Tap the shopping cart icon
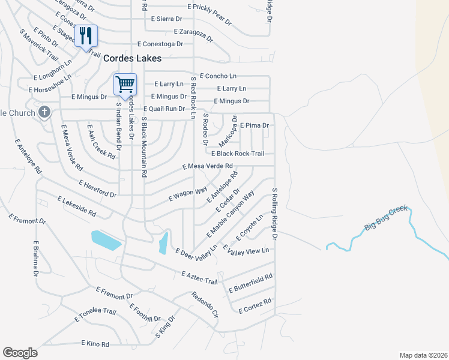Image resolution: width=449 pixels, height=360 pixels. pyautogui.click(x=125, y=83)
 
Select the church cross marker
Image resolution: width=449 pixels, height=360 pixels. pyautogui.click(x=44, y=112)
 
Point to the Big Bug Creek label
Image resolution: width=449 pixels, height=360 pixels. pyautogui.click(x=385, y=218)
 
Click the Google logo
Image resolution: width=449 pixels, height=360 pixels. pyautogui.click(x=20, y=353)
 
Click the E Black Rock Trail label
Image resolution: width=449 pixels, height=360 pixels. pyautogui.click(x=237, y=154)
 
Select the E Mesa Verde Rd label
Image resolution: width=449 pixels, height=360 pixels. pyautogui.click(x=208, y=166)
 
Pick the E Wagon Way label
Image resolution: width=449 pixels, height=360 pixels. pyautogui.click(x=187, y=192)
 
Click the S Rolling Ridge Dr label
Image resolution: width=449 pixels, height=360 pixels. pyautogui.click(x=275, y=214)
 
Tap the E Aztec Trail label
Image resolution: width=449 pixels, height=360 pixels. pyautogui.click(x=199, y=277)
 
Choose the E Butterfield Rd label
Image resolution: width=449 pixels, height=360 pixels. pyautogui.click(x=250, y=283)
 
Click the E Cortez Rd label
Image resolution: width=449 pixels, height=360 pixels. pyautogui.click(x=255, y=305)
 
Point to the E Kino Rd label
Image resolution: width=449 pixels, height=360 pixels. pyautogui.click(x=95, y=344)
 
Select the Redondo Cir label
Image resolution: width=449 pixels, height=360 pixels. pyautogui.click(x=204, y=304)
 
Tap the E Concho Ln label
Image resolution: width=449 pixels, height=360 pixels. pyautogui.click(x=218, y=76)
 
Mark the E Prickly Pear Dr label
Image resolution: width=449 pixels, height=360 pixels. pyautogui.click(x=209, y=14)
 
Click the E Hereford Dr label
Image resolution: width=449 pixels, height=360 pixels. pyautogui.click(x=97, y=188)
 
